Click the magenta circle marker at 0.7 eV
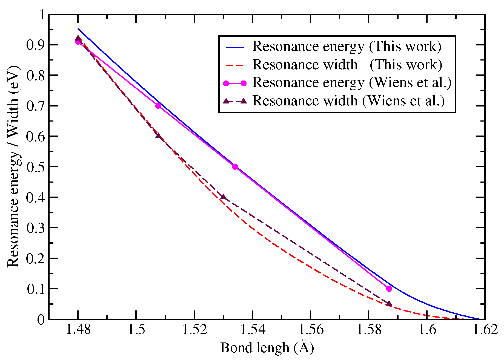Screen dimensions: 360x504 (x=158, y=106)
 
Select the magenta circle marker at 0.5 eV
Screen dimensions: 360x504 (x=235, y=167)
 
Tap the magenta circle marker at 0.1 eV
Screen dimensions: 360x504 (x=389, y=289)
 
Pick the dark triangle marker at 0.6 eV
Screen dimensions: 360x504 (x=158, y=136)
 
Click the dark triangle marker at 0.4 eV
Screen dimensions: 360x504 (x=223, y=197)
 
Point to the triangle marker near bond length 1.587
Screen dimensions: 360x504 (x=389, y=304)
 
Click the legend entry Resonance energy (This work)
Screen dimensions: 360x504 (x=346, y=46)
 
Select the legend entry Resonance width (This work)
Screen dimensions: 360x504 (x=347, y=65)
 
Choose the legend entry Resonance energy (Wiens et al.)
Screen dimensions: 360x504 (x=352, y=82)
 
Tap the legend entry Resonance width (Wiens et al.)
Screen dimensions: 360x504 (x=348, y=101)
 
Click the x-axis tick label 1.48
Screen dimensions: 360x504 (x=78, y=330)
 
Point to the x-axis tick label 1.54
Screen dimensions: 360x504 (x=253, y=330)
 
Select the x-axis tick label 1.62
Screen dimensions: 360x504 (x=485, y=330)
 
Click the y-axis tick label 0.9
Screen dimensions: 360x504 (x=36, y=45)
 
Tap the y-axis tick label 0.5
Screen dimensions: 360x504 (x=36, y=167)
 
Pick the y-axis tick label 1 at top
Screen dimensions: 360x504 (x=42, y=14)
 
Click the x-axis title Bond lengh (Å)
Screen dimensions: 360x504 (x=267, y=348)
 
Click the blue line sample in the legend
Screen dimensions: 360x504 (x=235, y=47)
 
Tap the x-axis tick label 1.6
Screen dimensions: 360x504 (x=427, y=330)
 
